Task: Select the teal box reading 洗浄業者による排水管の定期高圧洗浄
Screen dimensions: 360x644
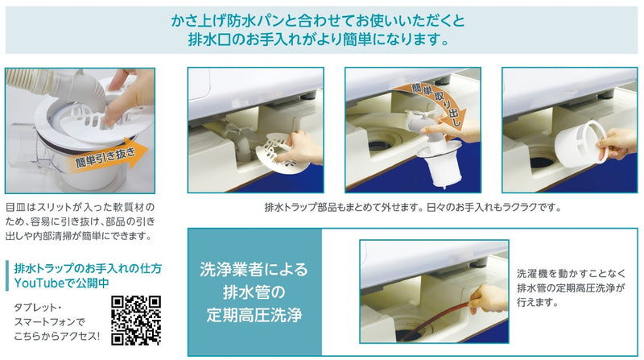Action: [x=254, y=291]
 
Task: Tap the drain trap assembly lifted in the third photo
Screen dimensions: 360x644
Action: [x=435, y=158]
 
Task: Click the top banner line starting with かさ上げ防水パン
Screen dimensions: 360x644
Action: [x=321, y=18]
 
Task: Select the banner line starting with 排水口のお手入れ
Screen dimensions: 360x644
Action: [x=321, y=38]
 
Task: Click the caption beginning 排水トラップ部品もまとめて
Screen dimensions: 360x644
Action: [x=412, y=207]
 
